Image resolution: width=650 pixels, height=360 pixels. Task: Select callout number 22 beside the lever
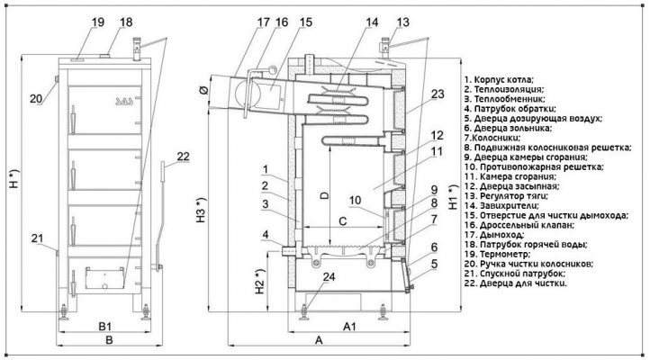pos(184,157)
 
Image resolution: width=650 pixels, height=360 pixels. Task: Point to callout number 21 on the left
pos(37,238)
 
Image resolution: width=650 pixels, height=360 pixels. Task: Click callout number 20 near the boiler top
pos(36,98)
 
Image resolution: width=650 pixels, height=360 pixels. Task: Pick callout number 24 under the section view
pos(329,276)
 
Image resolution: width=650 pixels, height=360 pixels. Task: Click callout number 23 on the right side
pos(438,94)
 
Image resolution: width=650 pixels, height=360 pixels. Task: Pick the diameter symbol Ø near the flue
pos(203,89)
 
